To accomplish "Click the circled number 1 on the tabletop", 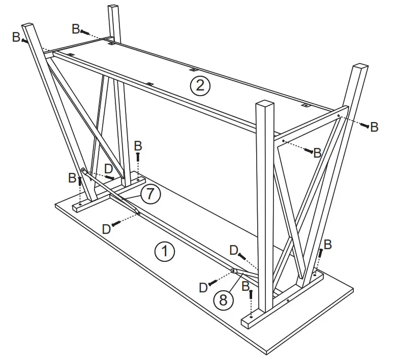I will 165,251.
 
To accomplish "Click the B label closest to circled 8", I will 246,287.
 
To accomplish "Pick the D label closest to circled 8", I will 203,287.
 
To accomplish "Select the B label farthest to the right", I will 374,127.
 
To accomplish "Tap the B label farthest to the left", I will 16,37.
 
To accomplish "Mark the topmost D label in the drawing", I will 108,168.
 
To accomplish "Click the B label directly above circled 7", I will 138,146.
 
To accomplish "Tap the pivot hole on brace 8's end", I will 233,271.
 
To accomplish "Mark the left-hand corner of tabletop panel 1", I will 55,203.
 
